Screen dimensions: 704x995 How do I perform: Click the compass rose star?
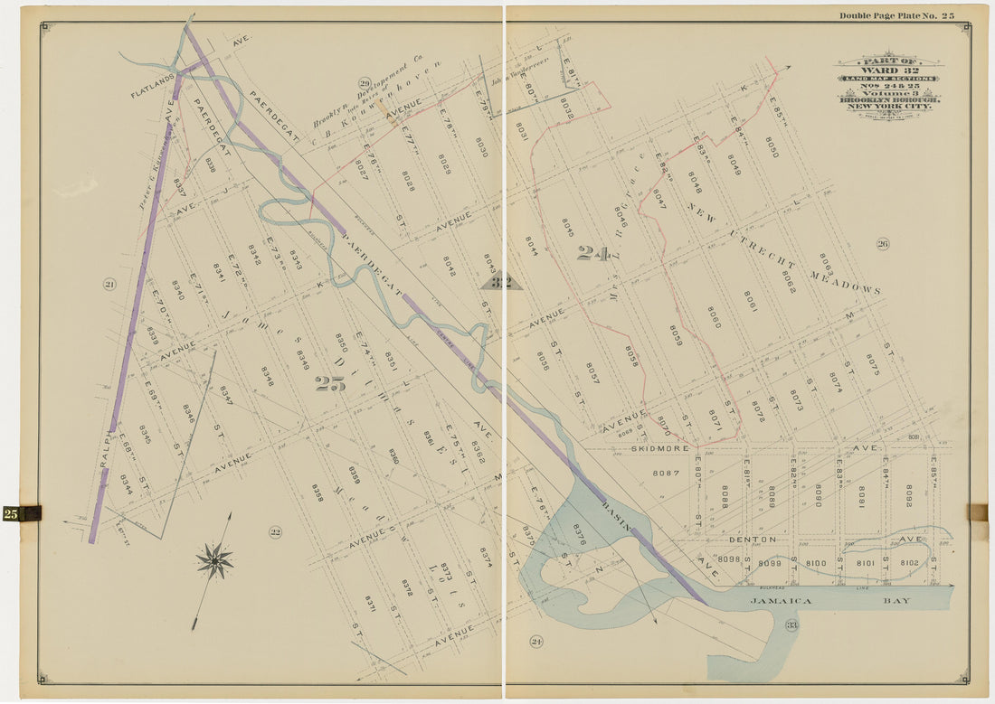[214, 560]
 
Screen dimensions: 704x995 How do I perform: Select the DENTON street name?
[752, 540]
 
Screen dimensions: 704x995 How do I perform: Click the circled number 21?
[109, 285]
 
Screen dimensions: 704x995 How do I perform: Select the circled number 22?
[275, 531]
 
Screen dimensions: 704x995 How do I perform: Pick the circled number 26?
[883, 243]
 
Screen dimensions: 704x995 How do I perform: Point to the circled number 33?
[791, 624]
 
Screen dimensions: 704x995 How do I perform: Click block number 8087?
[665, 473]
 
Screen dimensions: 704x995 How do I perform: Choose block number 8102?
[909, 563]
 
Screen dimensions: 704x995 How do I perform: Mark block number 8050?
[771, 146]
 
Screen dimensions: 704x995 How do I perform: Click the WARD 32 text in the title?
[890, 70]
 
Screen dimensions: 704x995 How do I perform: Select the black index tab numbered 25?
[21, 513]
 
